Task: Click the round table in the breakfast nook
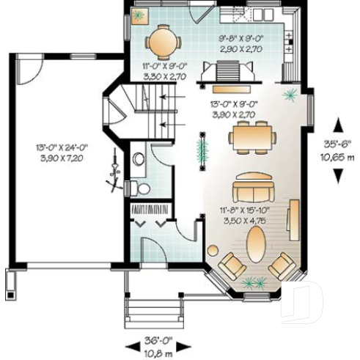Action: [162, 42]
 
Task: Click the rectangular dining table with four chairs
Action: [251, 137]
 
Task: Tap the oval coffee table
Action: [255, 243]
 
